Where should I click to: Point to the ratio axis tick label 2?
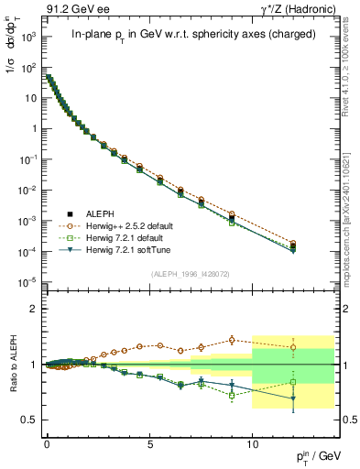(x=33, y=310)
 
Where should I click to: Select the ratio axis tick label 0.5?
(x=29, y=420)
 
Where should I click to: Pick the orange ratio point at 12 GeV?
(x=293, y=347)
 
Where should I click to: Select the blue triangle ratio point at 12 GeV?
(x=293, y=398)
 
